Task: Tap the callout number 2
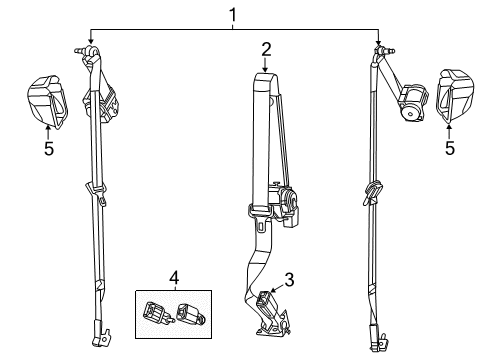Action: (x=266, y=48)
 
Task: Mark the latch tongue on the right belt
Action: (x=373, y=190)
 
